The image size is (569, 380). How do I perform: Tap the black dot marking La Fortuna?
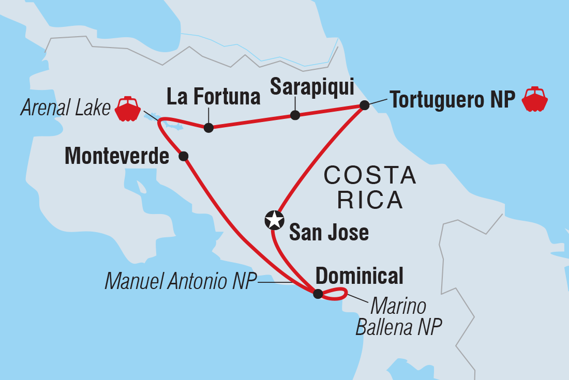tap(208, 128)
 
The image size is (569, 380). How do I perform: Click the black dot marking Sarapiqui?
tap(295, 115)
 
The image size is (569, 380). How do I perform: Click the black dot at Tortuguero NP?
tap(364, 105)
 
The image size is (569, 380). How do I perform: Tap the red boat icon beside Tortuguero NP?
tap(534, 99)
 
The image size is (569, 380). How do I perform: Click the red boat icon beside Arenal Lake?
tap(128, 108)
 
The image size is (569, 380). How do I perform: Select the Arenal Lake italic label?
tap(66, 109)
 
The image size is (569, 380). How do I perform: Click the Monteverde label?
tap(117, 157)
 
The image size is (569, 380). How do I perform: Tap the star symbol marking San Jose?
tap(274, 221)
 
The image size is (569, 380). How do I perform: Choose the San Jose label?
tap(328, 233)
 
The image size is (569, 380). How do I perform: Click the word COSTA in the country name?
tap(370, 176)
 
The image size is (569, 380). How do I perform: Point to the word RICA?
tap(370, 200)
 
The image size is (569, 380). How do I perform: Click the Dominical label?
tap(359, 276)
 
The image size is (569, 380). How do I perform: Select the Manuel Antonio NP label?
tap(181, 282)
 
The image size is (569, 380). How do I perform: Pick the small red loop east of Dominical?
tap(335, 295)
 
